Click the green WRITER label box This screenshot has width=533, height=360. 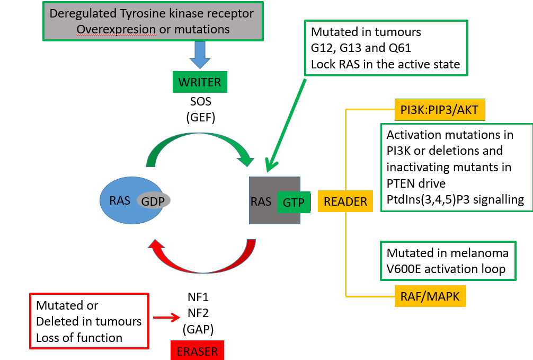point(200,82)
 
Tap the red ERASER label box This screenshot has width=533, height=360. point(197,350)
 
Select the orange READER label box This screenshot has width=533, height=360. point(345,201)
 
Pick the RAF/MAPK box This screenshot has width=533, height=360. point(430,297)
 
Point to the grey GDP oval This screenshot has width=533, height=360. point(154,200)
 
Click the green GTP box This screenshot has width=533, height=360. point(294,201)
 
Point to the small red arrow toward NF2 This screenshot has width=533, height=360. point(165,318)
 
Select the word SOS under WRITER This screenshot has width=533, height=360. point(200,102)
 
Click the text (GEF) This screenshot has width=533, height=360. point(200,118)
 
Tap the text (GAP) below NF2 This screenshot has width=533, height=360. point(197,329)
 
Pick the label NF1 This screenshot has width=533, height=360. point(198,297)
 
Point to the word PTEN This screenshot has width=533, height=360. point(402,183)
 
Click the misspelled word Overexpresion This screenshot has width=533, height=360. point(117,29)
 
